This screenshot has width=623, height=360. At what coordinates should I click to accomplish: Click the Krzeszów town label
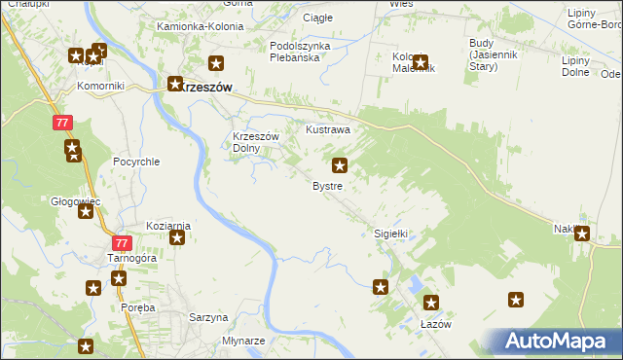click(x=206, y=86)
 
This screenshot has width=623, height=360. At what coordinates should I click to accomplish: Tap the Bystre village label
click(x=326, y=185)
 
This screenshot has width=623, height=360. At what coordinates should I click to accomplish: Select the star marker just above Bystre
click(x=340, y=165)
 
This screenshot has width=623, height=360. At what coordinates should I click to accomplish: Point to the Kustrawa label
click(x=328, y=128)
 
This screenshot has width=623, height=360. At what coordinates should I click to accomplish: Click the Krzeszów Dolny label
click(x=256, y=143)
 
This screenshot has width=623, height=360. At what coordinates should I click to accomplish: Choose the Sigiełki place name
click(x=390, y=234)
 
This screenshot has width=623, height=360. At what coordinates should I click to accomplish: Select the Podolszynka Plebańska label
click(x=300, y=52)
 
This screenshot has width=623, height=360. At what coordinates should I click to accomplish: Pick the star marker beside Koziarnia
click(x=177, y=237)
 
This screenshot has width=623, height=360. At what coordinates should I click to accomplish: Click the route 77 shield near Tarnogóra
click(x=121, y=243)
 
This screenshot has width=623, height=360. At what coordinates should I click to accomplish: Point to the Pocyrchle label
click(x=135, y=162)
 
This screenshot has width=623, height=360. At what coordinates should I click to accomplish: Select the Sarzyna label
click(x=207, y=317)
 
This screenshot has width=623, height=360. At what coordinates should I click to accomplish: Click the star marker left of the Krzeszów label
click(x=175, y=85)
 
